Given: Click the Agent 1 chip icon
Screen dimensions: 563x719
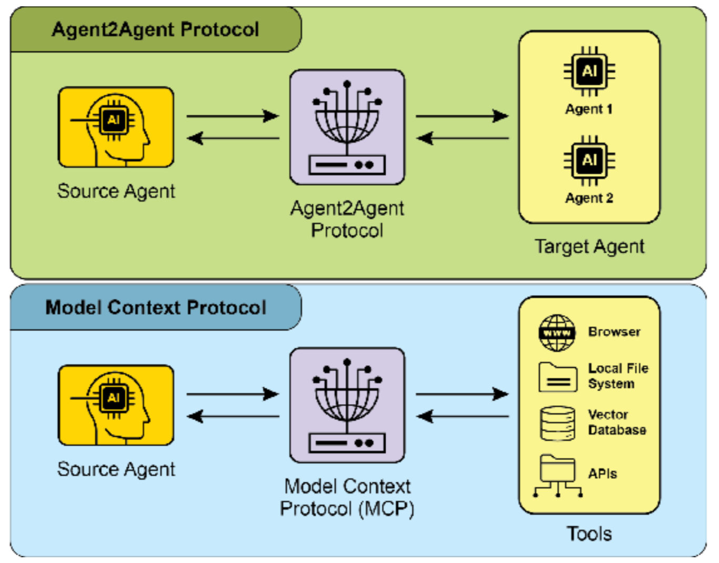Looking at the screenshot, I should [589, 71].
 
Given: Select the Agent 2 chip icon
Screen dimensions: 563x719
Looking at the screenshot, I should [589, 160].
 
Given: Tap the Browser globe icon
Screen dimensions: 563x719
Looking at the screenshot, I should [557, 333].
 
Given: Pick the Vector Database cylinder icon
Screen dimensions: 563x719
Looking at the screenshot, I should [557, 423].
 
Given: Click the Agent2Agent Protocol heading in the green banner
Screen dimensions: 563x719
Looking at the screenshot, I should [155, 29].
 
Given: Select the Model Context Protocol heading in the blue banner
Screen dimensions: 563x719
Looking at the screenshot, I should [156, 307].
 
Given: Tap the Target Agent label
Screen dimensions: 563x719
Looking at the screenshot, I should [590, 246].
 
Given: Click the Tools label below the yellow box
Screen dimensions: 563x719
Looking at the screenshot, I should [589, 534].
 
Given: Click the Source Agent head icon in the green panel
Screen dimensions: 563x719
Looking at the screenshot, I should [116, 127].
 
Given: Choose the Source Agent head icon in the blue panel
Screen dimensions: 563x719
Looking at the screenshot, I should [116, 405].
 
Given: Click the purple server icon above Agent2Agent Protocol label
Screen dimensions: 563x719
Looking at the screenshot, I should [347, 127].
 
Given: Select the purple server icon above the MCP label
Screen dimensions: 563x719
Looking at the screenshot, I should [347, 405].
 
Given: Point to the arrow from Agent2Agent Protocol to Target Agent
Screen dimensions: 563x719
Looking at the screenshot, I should [462, 116].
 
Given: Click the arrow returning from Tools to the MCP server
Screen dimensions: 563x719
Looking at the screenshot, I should [462, 417].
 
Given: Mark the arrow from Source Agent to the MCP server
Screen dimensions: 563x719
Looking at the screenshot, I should [233, 394].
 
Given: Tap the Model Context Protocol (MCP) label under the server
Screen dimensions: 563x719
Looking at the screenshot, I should [347, 497].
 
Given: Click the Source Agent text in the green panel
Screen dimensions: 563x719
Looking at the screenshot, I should [116, 191].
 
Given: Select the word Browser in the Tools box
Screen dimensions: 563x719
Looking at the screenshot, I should [614, 332].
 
